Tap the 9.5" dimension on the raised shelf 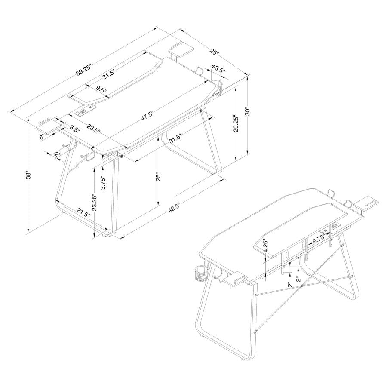click(x=101, y=89)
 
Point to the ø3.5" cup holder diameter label click(x=218, y=68)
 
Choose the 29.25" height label click(x=236, y=125)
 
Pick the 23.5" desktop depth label click(x=93, y=129)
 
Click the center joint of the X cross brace click(x=302, y=286)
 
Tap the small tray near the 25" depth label click(x=179, y=50)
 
